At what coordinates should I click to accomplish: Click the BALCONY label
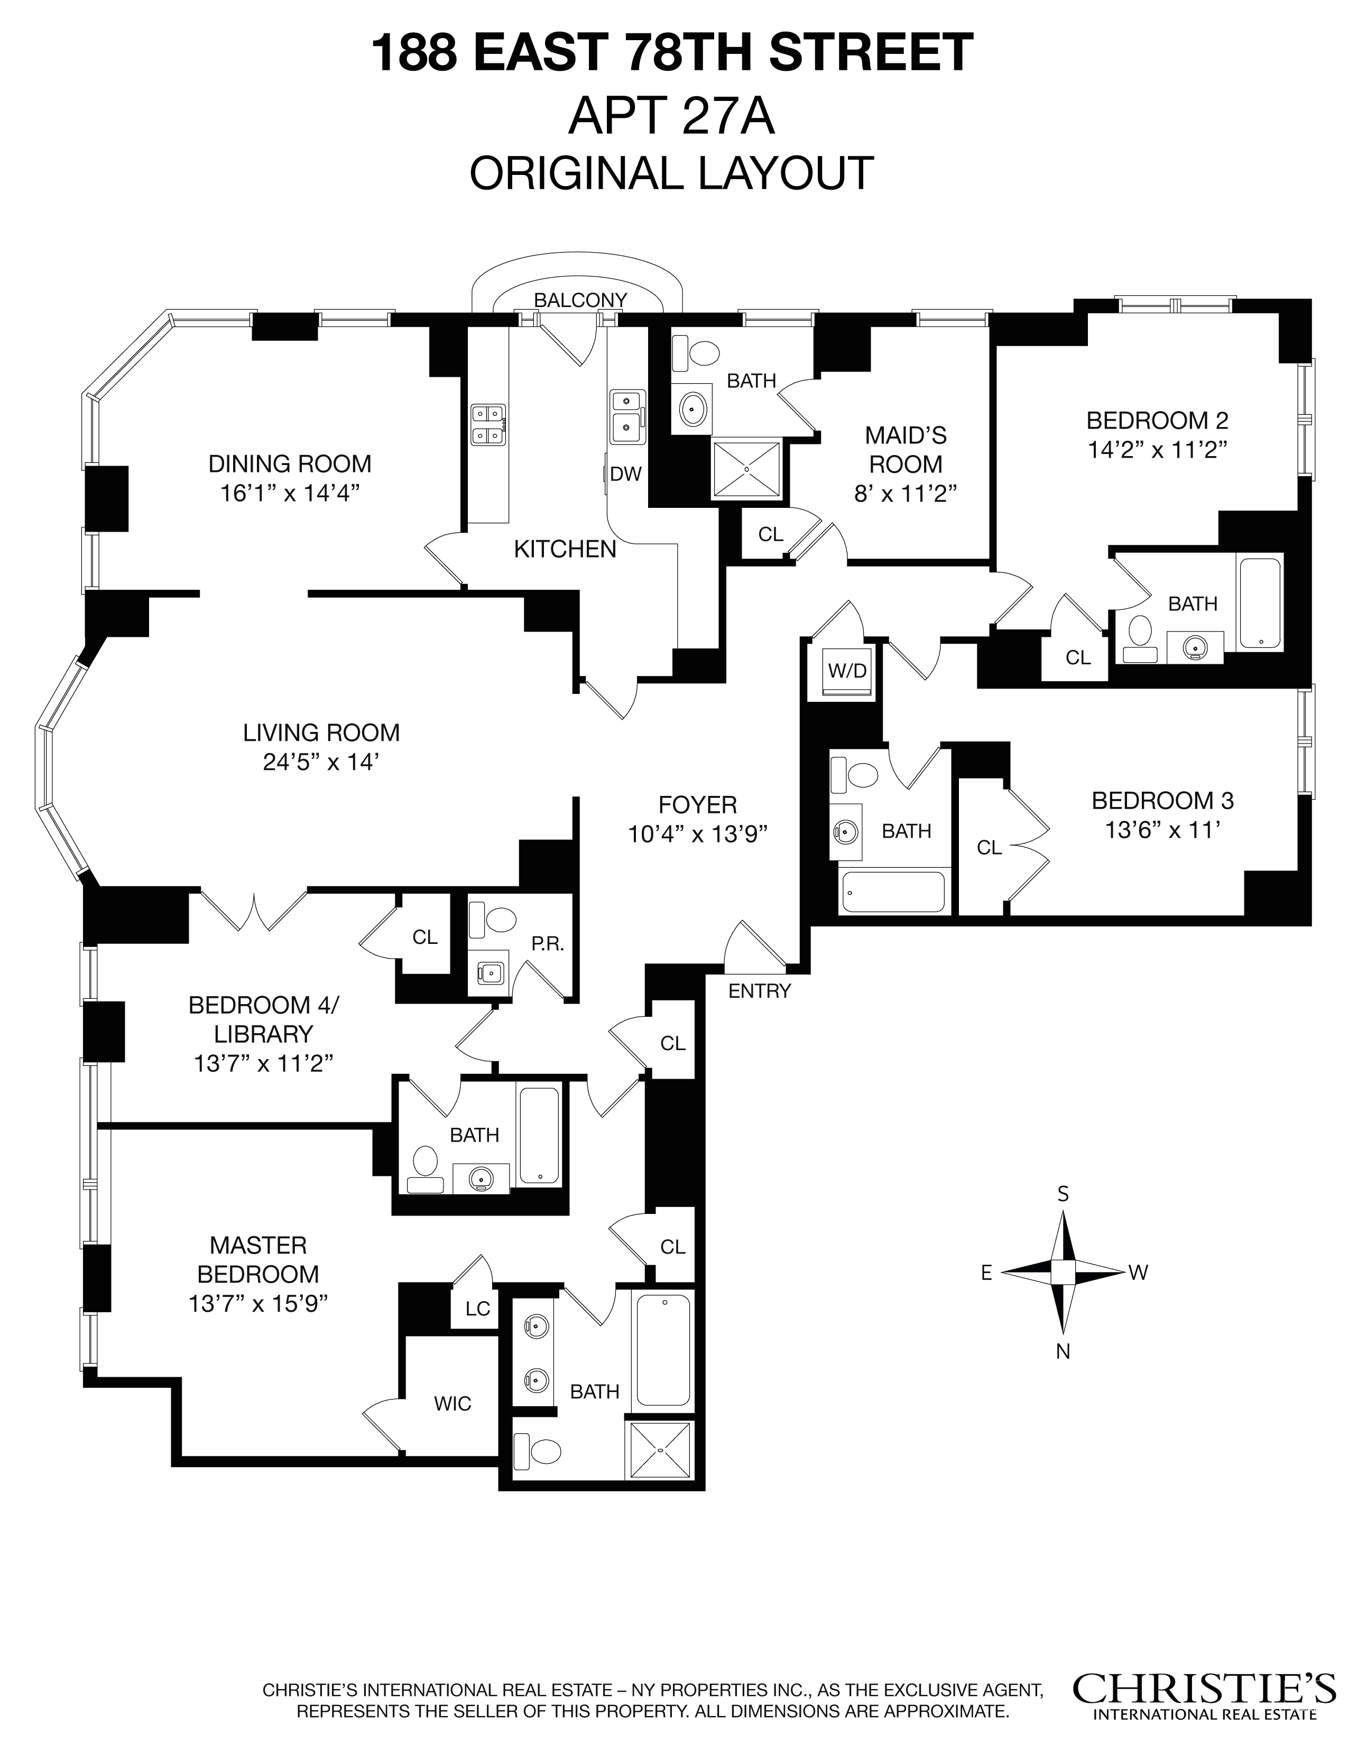pyautogui.click(x=580, y=300)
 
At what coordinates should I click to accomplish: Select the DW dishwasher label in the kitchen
pyautogui.click(x=625, y=475)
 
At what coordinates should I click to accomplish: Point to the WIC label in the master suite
pyautogui.click(x=453, y=1404)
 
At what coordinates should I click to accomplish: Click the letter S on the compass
pyautogui.click(x=1063, y=1194)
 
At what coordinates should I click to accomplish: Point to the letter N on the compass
pyautogui.click(x=1063, y=1351)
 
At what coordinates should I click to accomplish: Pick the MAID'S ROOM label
pyautogui.click(x=906, y=450)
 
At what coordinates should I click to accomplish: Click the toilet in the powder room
pyautogui.click(x=500, y=919)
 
